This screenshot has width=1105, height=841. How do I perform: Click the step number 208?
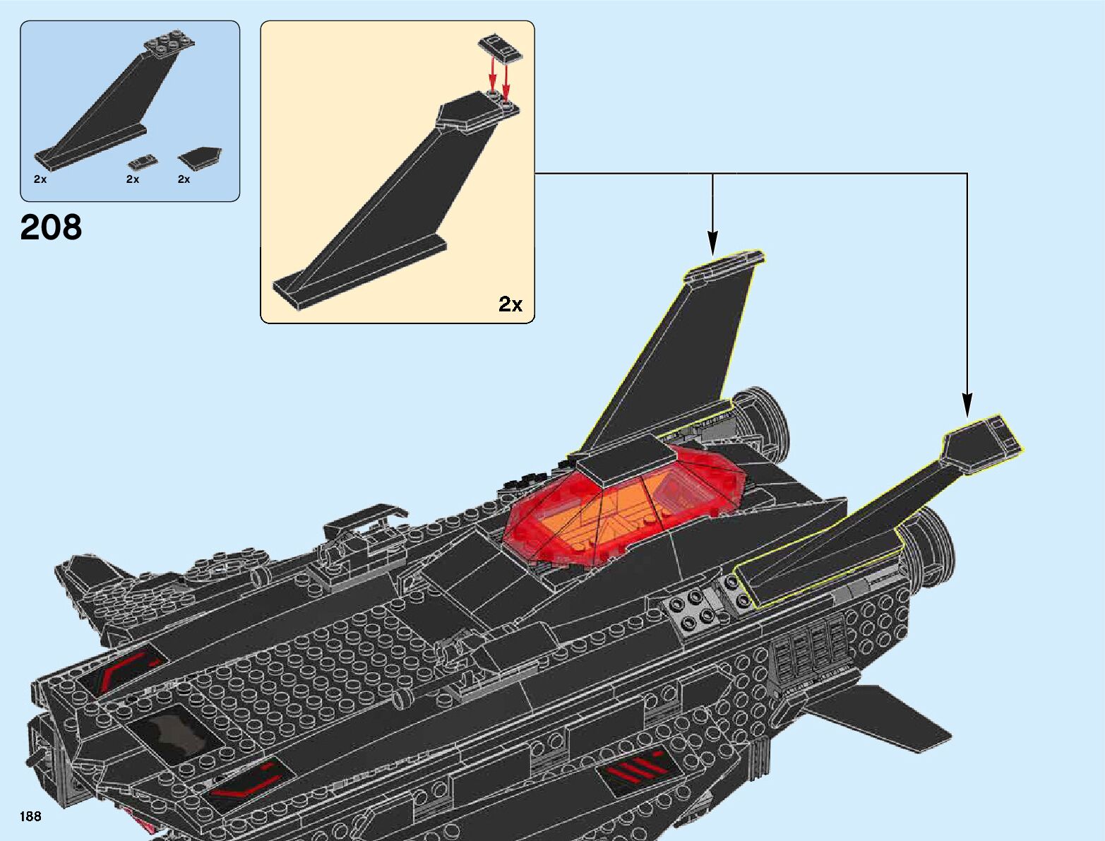51,228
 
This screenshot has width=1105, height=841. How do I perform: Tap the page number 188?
30,816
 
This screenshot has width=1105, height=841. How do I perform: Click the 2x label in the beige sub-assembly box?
510,304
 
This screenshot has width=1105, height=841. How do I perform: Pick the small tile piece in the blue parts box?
143,161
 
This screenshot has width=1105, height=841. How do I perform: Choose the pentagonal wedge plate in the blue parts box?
199,157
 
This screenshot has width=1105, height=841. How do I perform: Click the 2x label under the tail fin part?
40,179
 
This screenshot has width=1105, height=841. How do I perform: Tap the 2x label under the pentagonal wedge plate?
184,179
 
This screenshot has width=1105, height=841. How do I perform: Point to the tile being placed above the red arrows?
501,49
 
